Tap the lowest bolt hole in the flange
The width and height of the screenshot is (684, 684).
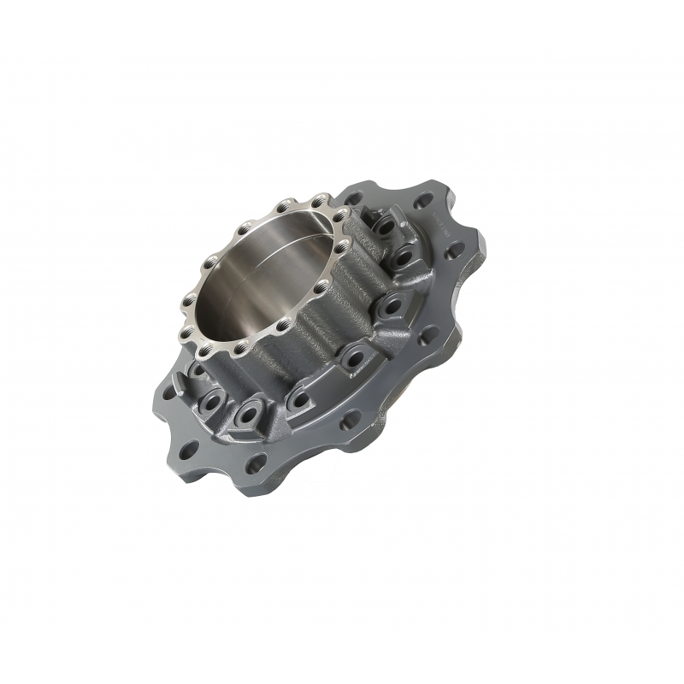(x=254, y=466)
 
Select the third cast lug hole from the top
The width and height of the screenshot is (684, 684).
(x=392, y=304)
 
